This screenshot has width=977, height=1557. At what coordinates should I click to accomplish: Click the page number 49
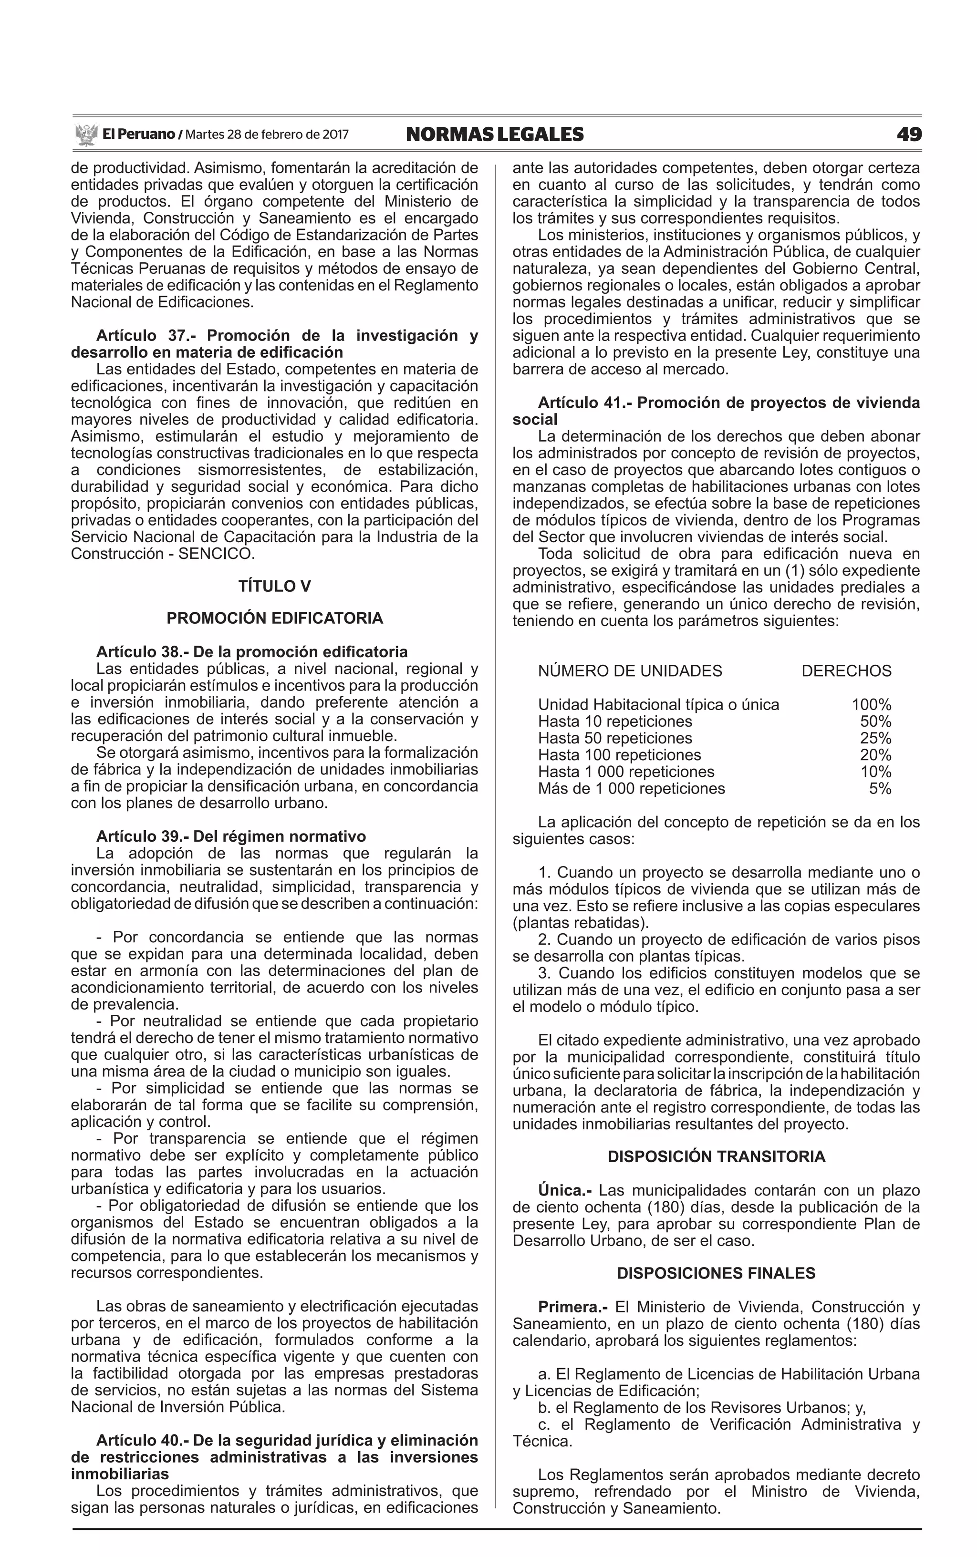[x=908, y=134]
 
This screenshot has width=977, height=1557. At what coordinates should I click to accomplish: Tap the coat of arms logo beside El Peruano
[x=85, y=135]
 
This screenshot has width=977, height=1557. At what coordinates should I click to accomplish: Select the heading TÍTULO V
[x=275, y=587]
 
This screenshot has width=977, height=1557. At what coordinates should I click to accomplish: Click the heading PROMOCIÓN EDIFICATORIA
[x=275, y=618]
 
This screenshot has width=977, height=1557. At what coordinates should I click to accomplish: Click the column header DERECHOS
[x=846, y=671]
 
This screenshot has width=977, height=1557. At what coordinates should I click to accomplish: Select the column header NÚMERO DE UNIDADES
[x=630, y=671]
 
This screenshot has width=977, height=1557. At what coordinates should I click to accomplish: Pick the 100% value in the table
[x=871, y=704]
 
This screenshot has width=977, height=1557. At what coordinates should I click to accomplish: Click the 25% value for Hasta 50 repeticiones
[x=875, y=738]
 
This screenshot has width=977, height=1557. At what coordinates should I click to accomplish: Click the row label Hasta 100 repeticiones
[x=619, y=755]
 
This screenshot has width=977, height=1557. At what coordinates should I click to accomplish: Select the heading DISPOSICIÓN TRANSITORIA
[x=716, y=1156]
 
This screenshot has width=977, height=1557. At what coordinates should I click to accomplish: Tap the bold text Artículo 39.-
[x=142, y=837]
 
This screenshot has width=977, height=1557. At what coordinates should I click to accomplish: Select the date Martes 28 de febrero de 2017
[x=267, y=134]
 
